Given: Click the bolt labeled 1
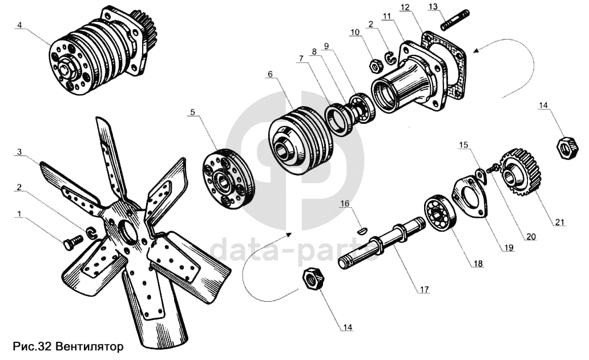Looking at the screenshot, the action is coord(70,244).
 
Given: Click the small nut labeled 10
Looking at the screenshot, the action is coord(377,66).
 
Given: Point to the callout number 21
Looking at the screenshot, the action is coord(560,222).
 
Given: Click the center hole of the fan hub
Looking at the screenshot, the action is coord(129,229).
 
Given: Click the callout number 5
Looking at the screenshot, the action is coord(192,112).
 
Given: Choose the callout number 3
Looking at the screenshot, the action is coord(19,152).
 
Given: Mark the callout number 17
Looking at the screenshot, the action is coord(422,289).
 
